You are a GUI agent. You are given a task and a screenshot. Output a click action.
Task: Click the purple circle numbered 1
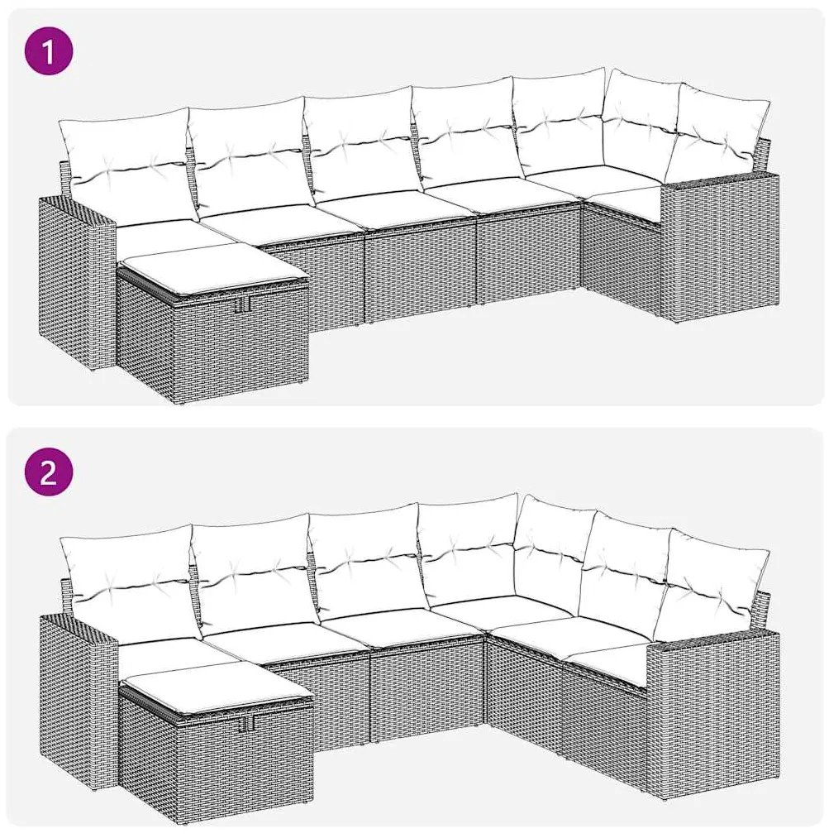pyautogui.click(x=49, y=52)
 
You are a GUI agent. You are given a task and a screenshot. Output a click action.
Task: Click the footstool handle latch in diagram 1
pyautogui.click(x=245, y=303)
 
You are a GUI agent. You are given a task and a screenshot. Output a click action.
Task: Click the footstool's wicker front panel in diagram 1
pyautogui.click(x=213, y=347)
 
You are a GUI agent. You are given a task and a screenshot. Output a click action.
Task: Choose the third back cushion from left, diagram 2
pyautogui.click(x=369, y=567)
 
